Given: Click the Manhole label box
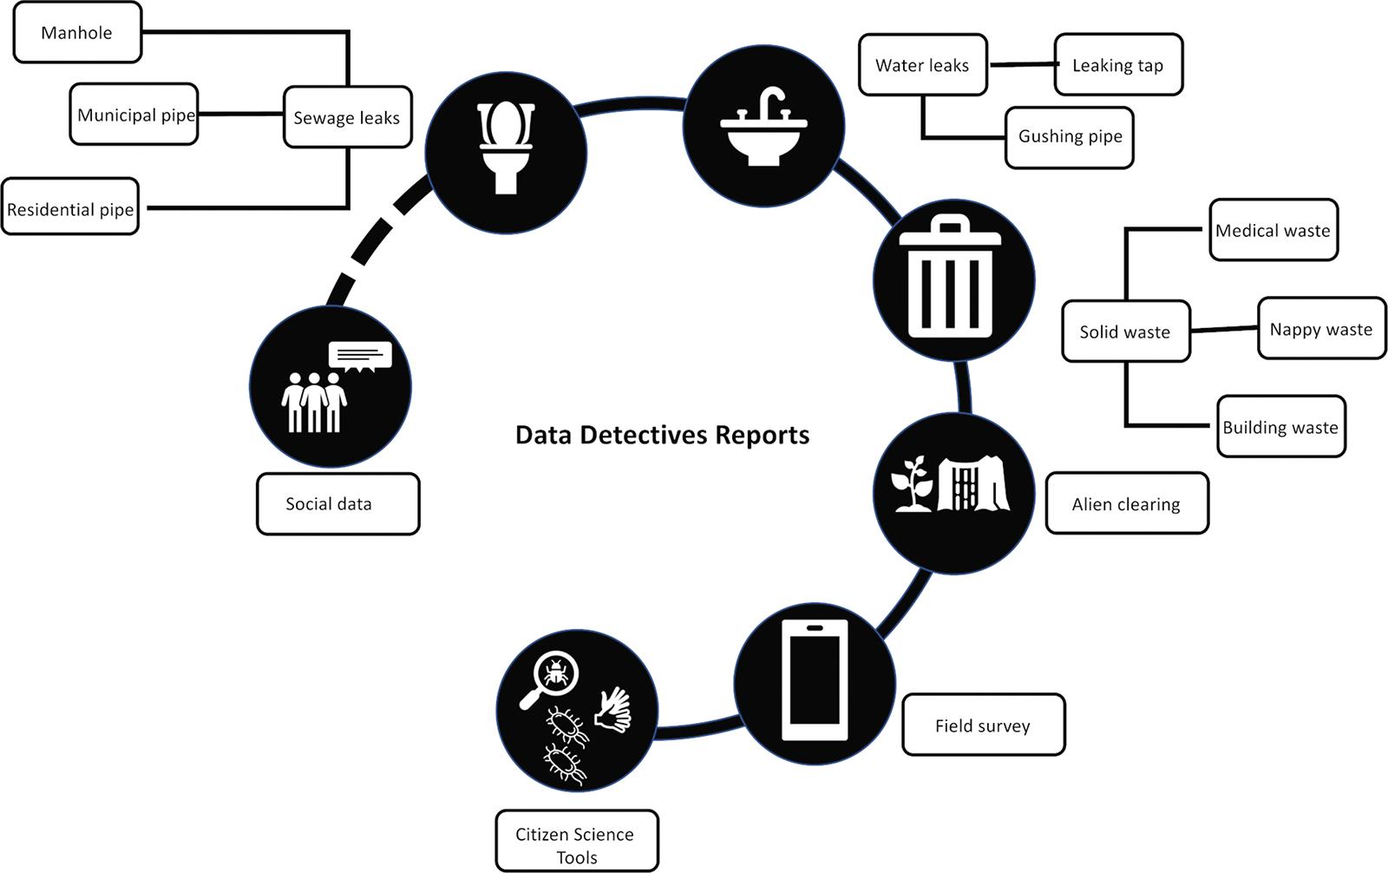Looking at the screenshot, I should click(x=77, y=33).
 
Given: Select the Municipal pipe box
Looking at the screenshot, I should click(x=134, y=115).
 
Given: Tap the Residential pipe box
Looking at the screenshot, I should click(x=70, y=208).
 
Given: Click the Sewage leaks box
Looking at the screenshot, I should click(x=347, y=117).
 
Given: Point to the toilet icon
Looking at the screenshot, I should click(x=506, y=148).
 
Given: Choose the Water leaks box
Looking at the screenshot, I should click(x=922, y=65).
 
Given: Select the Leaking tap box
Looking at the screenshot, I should click(x=1117, y=65).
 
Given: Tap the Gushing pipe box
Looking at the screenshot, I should click(x=1070, y=136).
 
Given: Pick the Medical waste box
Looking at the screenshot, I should click(x=1273, y=230).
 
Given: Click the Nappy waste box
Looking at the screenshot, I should click(x=1321, y=329).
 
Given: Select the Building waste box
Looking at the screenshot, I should click(x=1280, y=427).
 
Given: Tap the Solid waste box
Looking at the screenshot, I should click(x=1125, y=331).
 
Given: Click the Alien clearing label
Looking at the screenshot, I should click(x=1126, y=504).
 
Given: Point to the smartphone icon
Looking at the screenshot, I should click(x=815, y=679).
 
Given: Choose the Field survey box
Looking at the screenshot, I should click(x=983, y=725).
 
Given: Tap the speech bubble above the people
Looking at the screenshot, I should click(x=360, y=356).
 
